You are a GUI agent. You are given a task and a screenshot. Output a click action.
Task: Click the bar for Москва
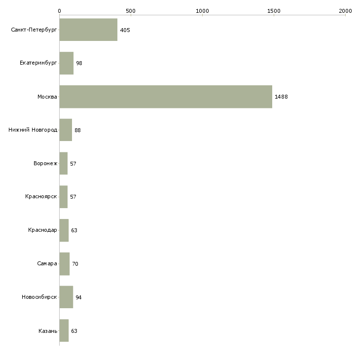tap(166, 97)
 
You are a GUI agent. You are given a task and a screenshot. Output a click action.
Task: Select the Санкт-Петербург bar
tap(88, 30)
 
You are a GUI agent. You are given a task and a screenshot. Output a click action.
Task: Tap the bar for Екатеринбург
tap(67, 63)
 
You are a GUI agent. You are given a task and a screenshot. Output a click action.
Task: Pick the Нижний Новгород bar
tap(66, 130)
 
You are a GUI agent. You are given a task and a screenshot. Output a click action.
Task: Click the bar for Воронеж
tap(63, 163)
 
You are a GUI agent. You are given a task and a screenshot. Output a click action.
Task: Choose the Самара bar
tap(65, 264)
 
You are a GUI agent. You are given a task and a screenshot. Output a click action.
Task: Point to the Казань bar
tap(64, 330)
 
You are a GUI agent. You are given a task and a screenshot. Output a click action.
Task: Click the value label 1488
tap(281, 97)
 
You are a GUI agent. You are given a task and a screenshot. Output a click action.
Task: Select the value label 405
tap(125, 30)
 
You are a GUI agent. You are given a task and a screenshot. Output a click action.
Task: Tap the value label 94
tap(78, 297)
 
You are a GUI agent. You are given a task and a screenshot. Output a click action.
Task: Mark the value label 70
tap(75, 264)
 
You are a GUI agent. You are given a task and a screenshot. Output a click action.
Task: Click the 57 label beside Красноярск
tap(73, 197)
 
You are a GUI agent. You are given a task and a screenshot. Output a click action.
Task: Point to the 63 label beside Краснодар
tap(74, 230)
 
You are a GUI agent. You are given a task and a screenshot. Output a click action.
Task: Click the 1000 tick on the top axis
tap(202, 11)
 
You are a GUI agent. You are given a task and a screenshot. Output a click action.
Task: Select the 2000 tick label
tap(345, 11)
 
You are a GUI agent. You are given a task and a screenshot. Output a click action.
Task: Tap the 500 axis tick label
tap(131, 11)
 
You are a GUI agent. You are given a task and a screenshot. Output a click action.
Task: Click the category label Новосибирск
tap(39, 297)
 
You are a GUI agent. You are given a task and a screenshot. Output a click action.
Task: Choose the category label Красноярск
tap(41, 197)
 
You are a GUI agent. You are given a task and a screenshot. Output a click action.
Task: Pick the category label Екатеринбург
tap(38, 63)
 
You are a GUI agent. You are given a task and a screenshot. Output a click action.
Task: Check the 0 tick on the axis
tap(60, 11)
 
